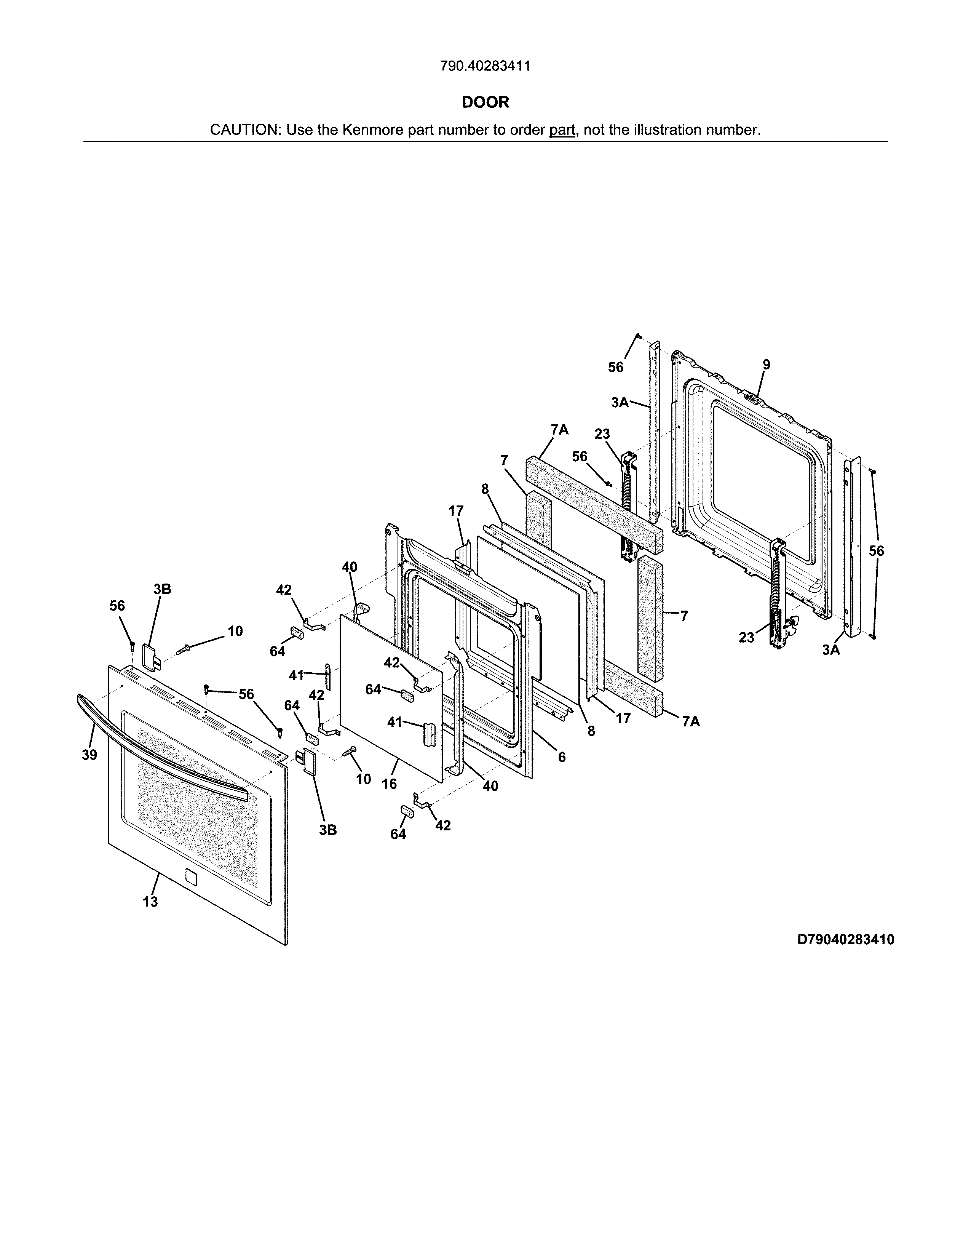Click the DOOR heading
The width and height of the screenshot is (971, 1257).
tap(485, 102)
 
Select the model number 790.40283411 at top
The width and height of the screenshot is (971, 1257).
tap(485, 66)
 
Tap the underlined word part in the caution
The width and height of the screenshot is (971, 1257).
tap(562, 130)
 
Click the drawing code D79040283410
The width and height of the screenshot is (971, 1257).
tap(845, 940)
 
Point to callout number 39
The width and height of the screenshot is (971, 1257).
tap(89, 755)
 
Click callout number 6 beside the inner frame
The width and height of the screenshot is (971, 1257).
tap(561, 757)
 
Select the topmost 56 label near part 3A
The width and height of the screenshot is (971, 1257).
tap(615, 367)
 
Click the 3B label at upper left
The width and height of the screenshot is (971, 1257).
tap(162, 589)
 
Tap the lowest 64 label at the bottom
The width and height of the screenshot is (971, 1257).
tap(398, 834)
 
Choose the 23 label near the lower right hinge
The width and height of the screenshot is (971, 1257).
tap(746, 637)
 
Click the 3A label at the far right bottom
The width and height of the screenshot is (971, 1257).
tap(830, 650)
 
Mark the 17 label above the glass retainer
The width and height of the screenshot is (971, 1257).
tap(456, 511)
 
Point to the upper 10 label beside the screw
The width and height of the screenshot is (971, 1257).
tap(235, 632)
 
